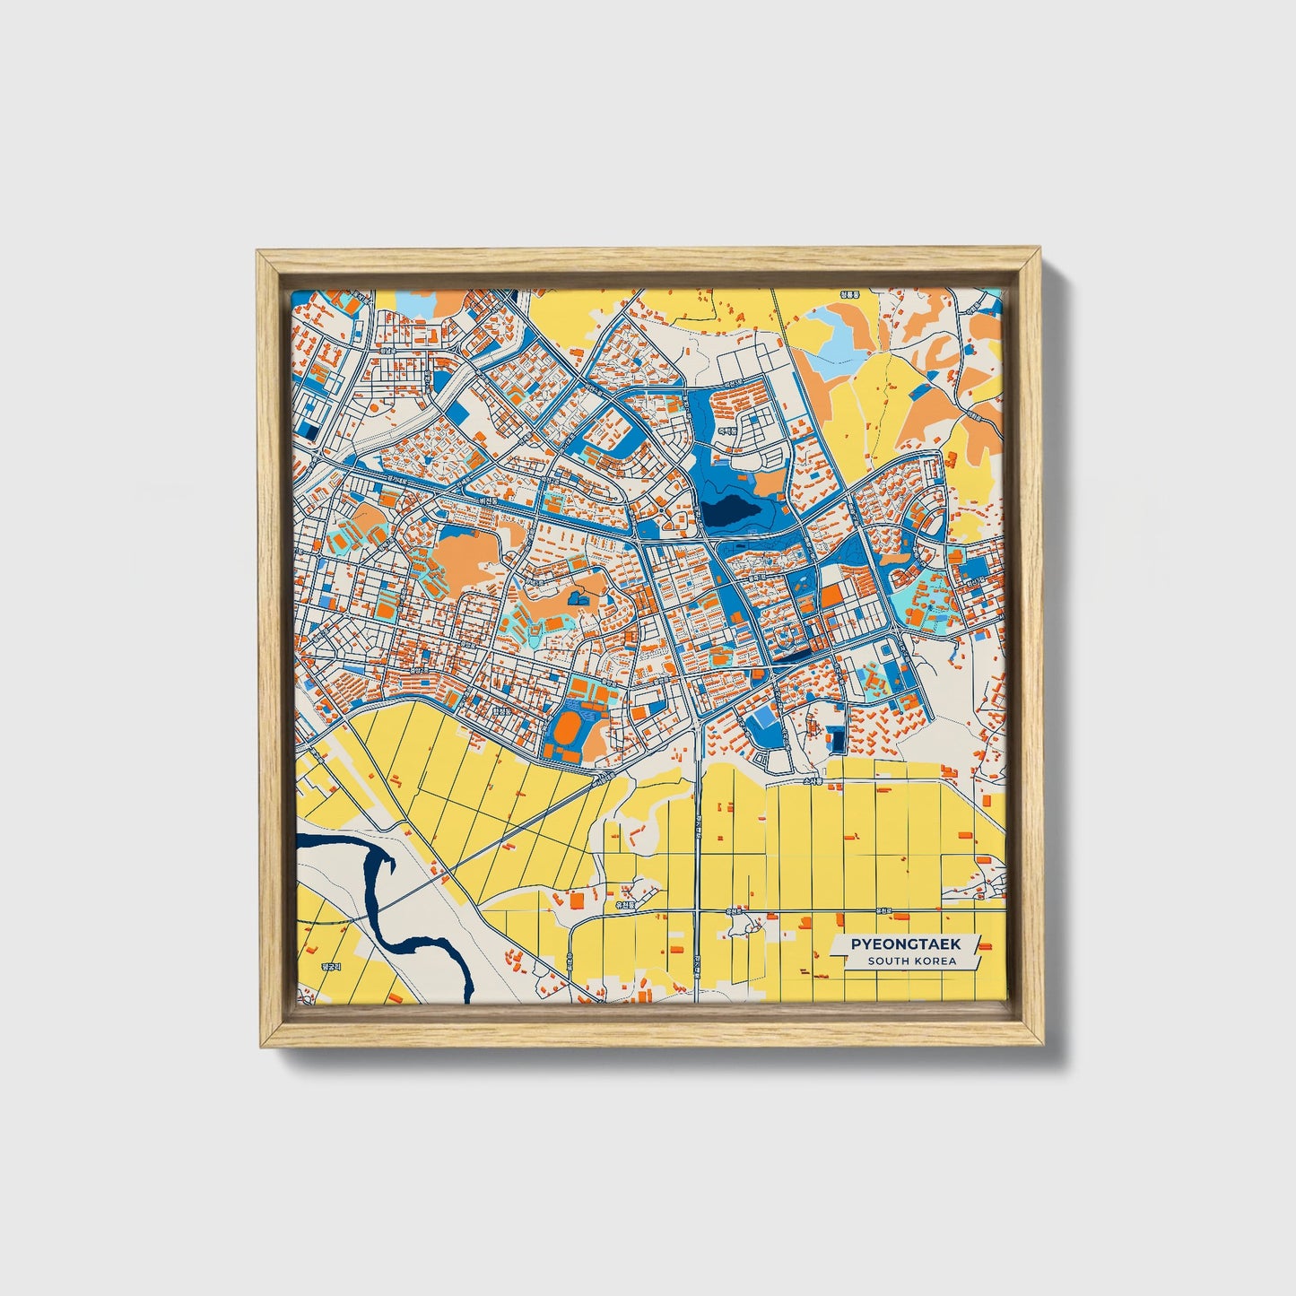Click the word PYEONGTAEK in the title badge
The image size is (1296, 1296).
coord(905,944)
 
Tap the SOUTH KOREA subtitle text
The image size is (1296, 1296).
coord(911,961)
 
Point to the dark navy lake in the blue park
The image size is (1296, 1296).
coord(731,513)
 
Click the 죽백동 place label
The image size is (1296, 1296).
coord(726,431)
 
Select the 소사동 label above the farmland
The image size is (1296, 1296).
coord(812,782)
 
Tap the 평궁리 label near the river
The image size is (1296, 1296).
coord(331,968)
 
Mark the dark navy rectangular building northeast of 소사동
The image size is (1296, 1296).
coord(838,740)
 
